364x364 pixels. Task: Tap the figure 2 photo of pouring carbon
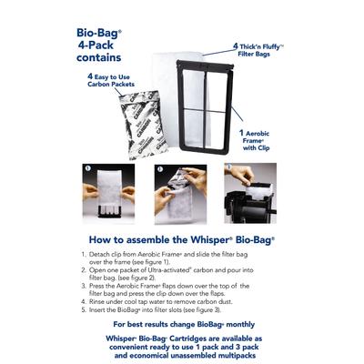[182, 194]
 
